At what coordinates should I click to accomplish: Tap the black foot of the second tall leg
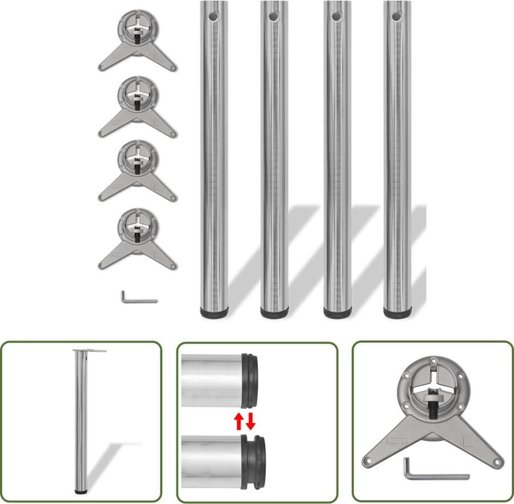click(x=275, y=312)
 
